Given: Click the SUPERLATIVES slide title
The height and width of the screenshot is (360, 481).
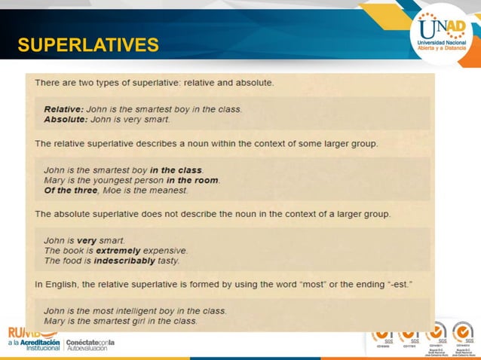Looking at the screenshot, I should [x=88, y=46].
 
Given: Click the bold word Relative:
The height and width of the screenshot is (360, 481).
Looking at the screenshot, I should [x=64, y=109].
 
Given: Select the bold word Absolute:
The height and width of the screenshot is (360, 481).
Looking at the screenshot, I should [x=66, y=119].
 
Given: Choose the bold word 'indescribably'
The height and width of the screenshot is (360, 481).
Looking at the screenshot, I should [x=125, y=261].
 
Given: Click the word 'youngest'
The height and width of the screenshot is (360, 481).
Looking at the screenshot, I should [x=113, y=180].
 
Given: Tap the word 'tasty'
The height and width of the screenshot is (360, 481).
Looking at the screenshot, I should [x=167, y=261].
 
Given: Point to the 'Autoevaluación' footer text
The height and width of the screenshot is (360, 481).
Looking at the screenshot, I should [x=91, y=349].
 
